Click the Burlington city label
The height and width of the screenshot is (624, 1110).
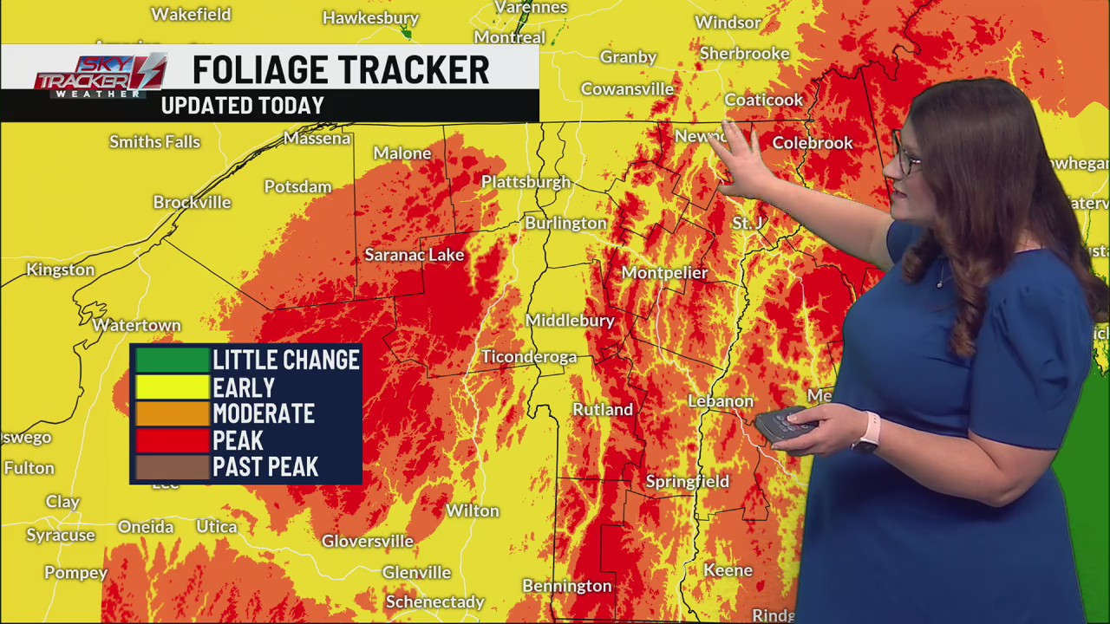pos(565,224)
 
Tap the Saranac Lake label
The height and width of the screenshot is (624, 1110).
pos(414,255)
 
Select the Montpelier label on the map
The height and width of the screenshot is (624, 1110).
pos(664,273)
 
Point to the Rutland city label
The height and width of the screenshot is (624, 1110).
pos(602,409)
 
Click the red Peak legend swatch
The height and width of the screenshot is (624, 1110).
pos(172,440)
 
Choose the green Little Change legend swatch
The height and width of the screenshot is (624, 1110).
pos(172,361)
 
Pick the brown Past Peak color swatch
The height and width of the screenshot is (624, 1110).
pos(172,467)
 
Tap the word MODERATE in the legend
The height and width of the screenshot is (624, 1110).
pos(264,414)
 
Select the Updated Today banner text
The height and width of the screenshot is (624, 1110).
pos(243,106)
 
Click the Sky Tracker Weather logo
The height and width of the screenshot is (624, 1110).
pos(100,76)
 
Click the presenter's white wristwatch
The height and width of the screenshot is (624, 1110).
pos(868,432)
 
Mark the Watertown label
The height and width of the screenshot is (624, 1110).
pos(136,326)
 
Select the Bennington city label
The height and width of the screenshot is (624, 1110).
pos(566,587)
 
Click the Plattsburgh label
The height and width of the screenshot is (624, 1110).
pos(526,182)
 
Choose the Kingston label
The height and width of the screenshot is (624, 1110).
pos(60,270)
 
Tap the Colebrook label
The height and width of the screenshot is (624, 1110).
pos(812,143)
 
